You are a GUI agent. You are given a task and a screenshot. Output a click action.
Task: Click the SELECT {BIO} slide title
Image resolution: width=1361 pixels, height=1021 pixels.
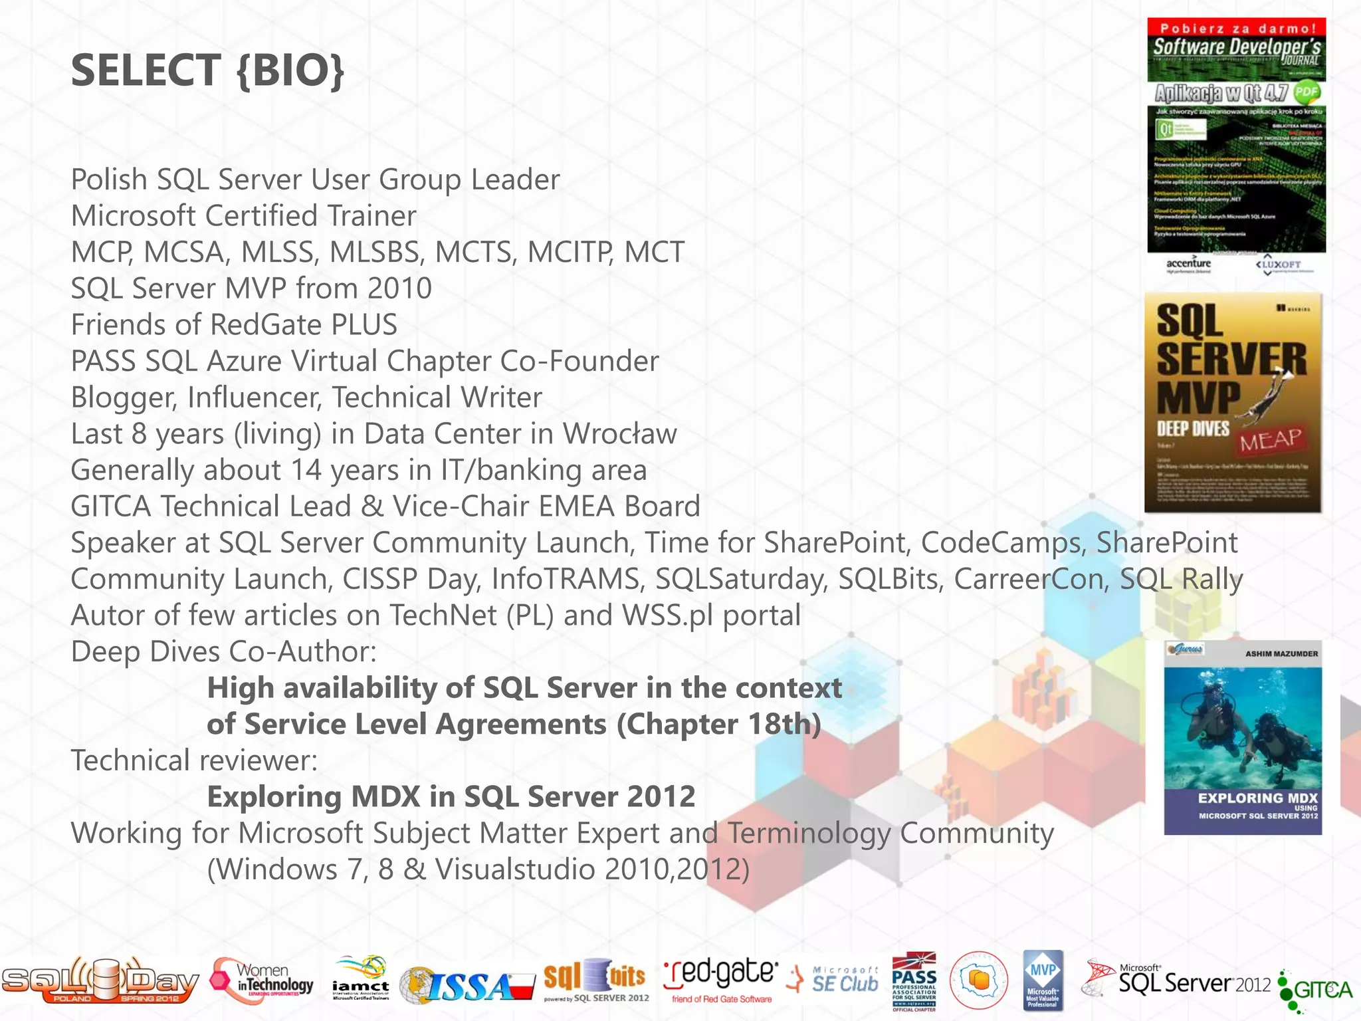click(x=207, y=70)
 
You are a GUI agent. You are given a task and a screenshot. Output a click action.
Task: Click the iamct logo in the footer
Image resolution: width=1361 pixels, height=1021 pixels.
click(x=361, y=979)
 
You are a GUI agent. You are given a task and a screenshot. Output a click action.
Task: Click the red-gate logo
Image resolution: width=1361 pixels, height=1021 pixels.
click(x=721, y=980)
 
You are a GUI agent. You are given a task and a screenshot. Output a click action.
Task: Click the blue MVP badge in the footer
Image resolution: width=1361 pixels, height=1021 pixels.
click(x=1043, y=980)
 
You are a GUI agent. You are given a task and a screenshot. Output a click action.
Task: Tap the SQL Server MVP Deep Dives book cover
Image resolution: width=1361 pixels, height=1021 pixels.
click(x=1233, y=403)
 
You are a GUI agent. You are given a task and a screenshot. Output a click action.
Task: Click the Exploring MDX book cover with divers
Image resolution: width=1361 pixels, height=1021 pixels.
click(x=1243, y=738)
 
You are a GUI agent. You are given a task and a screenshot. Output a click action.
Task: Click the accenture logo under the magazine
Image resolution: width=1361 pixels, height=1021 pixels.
click(x=1188, y=264)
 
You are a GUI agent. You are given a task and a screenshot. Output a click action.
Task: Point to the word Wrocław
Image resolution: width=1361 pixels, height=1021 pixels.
click(x=619, y=434)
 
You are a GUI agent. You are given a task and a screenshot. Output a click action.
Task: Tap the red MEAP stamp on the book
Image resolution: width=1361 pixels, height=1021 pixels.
click(x=1270, y=439)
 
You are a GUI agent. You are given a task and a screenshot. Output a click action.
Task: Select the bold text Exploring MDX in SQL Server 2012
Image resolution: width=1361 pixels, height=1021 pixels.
click(x=451, y=797)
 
